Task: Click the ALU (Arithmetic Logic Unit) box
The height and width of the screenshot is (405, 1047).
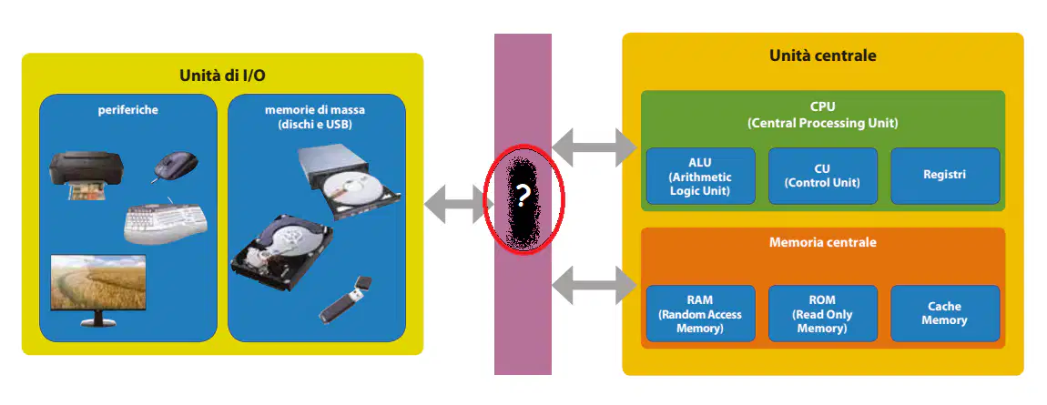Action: [x=700, y=177]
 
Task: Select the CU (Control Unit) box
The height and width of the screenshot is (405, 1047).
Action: [x=822, y=177]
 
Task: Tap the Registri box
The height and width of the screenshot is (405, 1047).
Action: [x=945, y=177]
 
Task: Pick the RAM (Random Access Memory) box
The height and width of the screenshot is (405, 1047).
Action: [x=700, y=314]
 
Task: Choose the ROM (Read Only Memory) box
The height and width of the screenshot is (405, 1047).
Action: [x=822, y=314]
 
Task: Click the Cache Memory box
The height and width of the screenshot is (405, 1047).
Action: [x=945, y=314]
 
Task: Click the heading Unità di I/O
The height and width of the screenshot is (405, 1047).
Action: [x=222, y=76]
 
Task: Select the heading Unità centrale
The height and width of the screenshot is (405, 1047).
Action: [x=823, y=56]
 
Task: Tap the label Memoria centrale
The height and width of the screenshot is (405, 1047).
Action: [x=823, y=242]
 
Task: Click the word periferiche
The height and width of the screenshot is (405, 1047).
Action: [x=128, y=109]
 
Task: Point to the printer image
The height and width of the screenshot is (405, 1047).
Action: [x=86, y=176]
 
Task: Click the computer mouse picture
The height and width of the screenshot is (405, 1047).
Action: [x=175, y=167]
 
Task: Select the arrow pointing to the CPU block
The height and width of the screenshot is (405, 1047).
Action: [x=595, y=147]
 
